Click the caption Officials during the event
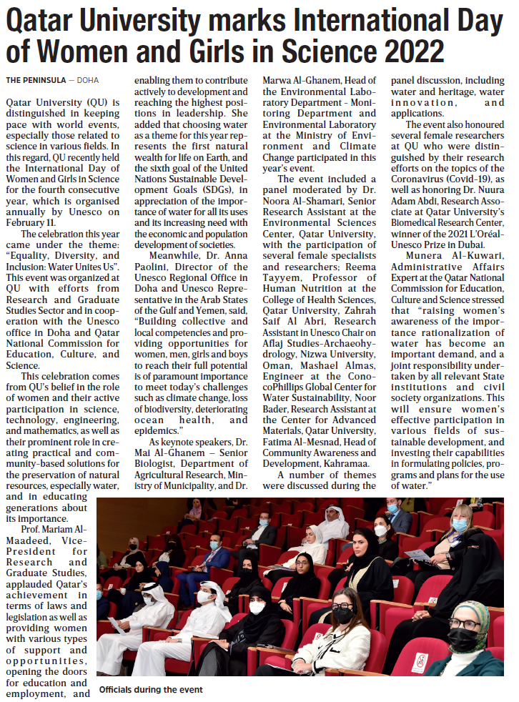(151, 690)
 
